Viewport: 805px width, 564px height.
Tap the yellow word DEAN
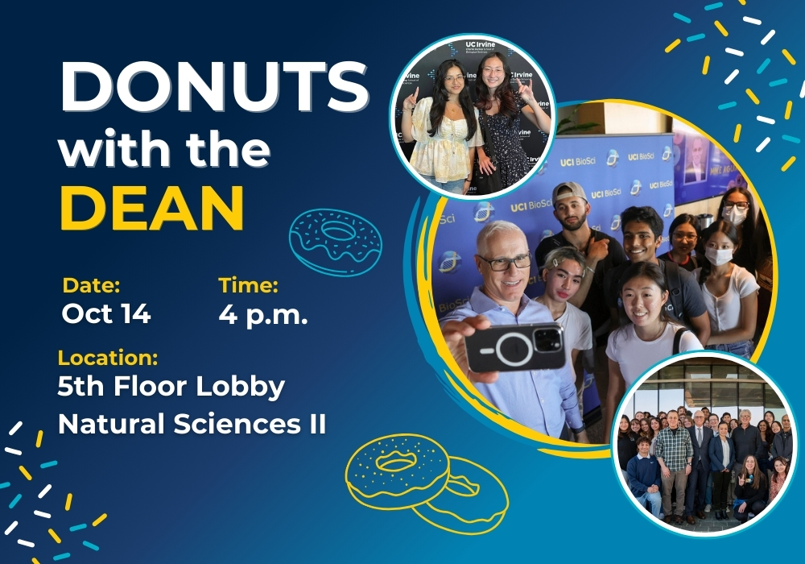[x=152, y=208]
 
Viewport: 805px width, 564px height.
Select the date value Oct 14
[x=105, y=313]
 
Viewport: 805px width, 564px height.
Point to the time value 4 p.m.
[x=263, y=314]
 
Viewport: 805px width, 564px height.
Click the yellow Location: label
[x=108, y=358]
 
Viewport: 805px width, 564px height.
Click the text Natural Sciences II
[x=192, y=425]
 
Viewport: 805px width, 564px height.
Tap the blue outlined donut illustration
[x=336, y=242]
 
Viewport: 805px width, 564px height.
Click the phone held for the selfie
[x=515, y=347]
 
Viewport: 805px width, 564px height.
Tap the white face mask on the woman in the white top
[x=718, y=255]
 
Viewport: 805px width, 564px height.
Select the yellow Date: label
[x=91, y=285]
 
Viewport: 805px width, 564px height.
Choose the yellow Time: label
[x=249, y=285]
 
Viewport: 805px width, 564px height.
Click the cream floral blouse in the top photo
[x=446, y=139]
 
